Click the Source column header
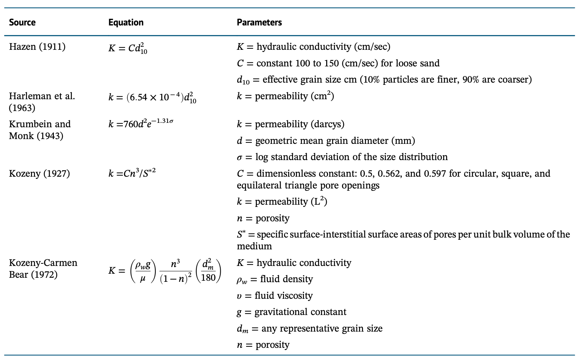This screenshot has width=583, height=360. pyautogui.click(x=22, y=22)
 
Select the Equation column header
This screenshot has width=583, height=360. pyautogui.click(x=126, y=22)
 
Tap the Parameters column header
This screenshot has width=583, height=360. pyautogui.click(x=259, y=22)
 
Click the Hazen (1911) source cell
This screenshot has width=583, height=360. pyautogui.click(x=37, y=47)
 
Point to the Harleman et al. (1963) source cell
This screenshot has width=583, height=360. pyautogui.click(x=42, y=102)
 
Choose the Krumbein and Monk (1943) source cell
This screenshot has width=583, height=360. pyautogui.click(x=39, y=130)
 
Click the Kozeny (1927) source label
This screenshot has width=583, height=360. pyautogui.click(x=39, y=174)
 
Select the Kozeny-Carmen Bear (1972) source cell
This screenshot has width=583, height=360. pyautogui.click(x=43, y=269)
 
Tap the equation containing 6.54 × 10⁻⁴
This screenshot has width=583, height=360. pyautogui.click(x=152, y=98)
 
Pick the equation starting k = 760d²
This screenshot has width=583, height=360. pyautogui.click(x=141, y=124)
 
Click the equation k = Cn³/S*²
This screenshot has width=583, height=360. pyautogui.click(x=132, y=173)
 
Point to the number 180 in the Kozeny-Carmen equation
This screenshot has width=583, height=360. pyautogui.click(x=208, y=277)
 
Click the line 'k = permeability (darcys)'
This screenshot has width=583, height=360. pyautogui.click(x=290, y=124)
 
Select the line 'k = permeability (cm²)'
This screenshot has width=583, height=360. pyautogui.click(x=285, y=97)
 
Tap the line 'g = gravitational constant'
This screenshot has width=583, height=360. pyautogui.click(x=291, y=312)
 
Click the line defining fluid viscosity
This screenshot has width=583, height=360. pyautogui.click(x=275, y=296)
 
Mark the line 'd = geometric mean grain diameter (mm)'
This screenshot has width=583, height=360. pyautogui.click(x=326, y=141)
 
